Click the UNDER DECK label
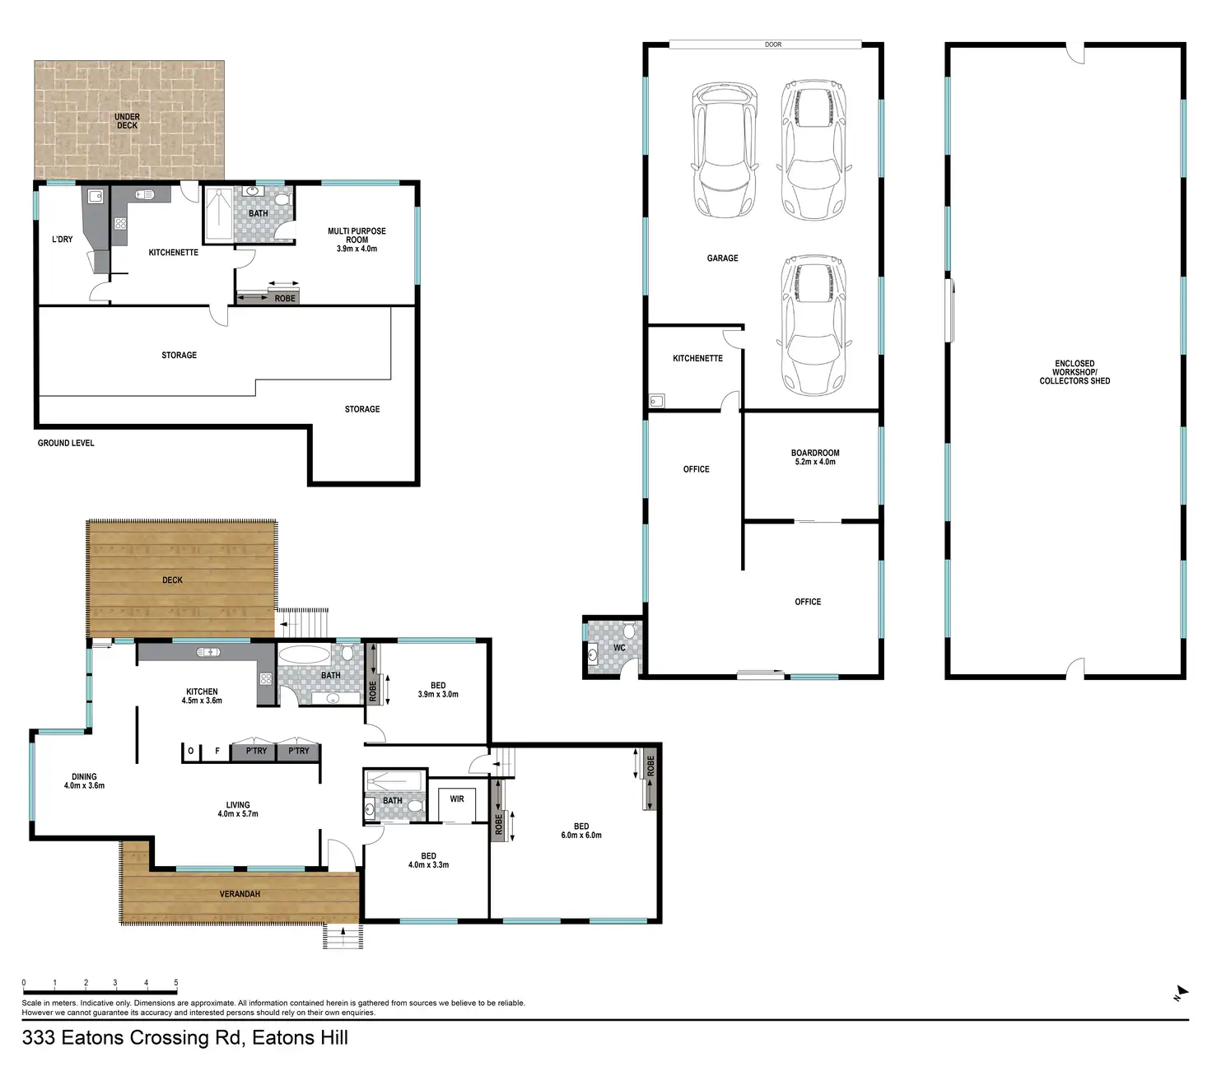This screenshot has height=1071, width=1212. (x=127, y=121)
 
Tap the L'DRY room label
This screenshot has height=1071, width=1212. (x=63, y=240)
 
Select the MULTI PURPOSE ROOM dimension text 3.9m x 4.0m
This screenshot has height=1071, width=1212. (x=357, y=249)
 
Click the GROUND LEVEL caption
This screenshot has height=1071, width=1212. (x=66, y=443)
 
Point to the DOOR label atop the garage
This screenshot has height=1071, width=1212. (x=772, y=44)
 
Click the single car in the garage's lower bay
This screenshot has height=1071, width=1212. (x=813, y=325)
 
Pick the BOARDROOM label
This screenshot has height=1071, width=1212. (x=815, y=453)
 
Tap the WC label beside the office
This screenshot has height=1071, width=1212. (x=619, y=648)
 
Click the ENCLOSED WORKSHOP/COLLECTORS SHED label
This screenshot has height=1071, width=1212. (x=1074, y=372)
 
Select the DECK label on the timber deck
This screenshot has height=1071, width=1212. (x=172, y=580)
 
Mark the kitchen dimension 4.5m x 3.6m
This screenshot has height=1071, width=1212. (x=202, y=701)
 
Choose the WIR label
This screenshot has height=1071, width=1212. (x=457, y=799)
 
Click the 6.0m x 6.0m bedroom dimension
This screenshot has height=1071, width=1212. (x=581, y=836)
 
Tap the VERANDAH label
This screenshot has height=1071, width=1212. (x=240, y=894)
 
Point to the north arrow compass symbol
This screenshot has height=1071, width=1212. (x=1181, y=992)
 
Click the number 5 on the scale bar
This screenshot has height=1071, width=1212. (x=175, y=983)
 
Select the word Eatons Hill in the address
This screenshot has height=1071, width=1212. (x=300, y=1038)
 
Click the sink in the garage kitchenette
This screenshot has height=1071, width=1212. (x=656, y=401)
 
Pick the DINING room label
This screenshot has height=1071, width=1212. (x=84, y=776)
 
